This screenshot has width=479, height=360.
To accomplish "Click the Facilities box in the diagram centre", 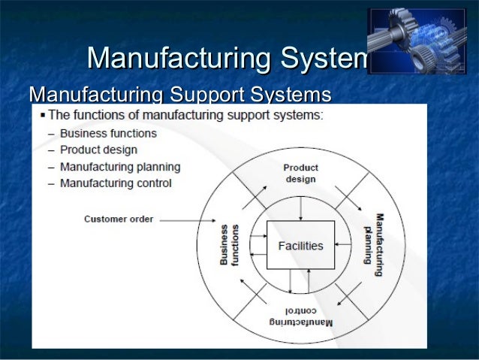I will (x=300, y=245).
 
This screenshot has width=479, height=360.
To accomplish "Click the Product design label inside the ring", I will (x=300, y=173).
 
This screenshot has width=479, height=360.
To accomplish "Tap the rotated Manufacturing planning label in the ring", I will (x=373, y=245).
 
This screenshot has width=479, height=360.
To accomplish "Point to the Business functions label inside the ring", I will (x=229, y=245).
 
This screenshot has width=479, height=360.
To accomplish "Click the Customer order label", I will (x=119, y=219).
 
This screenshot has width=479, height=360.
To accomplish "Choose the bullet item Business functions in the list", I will (x=108, y=133).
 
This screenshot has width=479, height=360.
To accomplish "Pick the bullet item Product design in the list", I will (x=98, y=150).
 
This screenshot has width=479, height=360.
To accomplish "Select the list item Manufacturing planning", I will (x=119, y=166).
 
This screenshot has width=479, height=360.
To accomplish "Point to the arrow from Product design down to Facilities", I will (x=300, y=206).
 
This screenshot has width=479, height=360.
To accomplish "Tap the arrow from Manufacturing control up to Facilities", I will (x=300, y=283).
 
